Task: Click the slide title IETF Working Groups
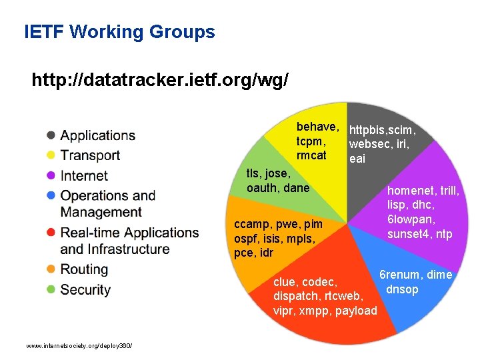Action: point(119,31)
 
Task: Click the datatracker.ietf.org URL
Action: point(160,81)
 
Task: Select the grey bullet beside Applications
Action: point(51,135)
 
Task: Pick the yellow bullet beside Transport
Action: point(51,155)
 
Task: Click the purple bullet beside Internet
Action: point(51,175)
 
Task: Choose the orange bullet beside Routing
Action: point(51,269)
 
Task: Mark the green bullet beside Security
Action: point(51,289)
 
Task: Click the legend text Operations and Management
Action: point(107,203)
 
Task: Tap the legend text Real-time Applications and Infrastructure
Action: point(129,241)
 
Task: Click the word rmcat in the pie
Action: point(311,156)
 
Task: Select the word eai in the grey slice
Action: point(357,159)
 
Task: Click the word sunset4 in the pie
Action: point(409,233)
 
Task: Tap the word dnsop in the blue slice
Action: point(402,289)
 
